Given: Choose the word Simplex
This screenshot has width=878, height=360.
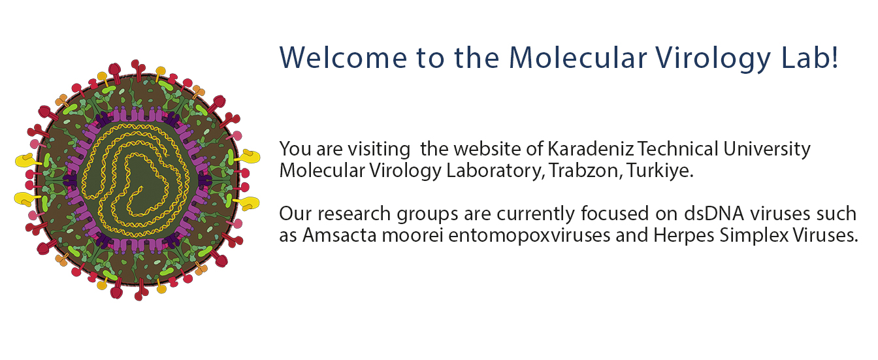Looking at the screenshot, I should click(x=751, y=235).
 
